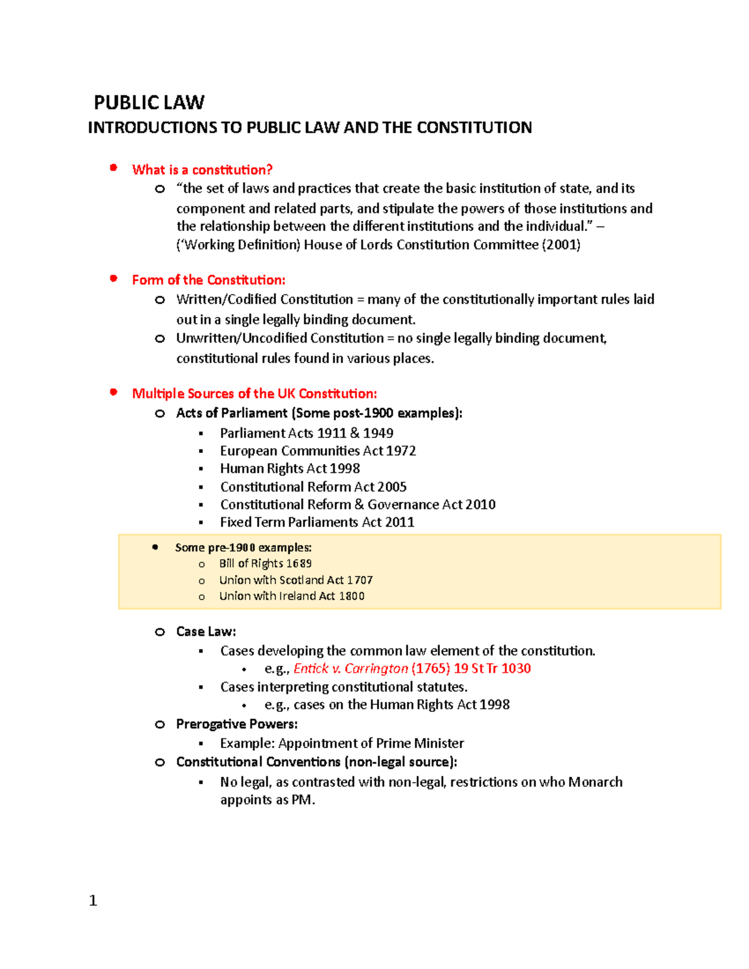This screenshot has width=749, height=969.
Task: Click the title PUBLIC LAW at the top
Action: [149, 102]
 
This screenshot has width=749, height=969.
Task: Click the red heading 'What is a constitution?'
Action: [202, 170]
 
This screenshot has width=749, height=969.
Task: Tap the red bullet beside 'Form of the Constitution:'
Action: [114, 279]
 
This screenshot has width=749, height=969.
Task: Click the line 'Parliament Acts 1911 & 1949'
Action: [306, 433]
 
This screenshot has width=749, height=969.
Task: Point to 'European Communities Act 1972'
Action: [318, 450]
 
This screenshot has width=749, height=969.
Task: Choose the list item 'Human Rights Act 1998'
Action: [290, 469]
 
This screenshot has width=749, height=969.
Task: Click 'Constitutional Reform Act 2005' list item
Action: [313, 487]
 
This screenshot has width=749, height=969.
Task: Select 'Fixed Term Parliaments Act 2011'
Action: [317, 522]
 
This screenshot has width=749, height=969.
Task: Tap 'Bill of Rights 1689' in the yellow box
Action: [265, 563]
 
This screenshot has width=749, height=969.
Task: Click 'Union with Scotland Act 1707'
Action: [296, 580]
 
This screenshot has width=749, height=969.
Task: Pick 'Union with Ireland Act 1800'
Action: [291, 596]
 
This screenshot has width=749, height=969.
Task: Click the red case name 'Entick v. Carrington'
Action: [350, 669]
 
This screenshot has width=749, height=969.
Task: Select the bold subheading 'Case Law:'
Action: [206, 631]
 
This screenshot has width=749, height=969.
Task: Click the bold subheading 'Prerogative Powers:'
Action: [237, 724]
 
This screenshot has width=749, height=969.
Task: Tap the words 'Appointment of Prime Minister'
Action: [371, 743]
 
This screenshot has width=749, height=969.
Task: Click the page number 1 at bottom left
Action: [93, 900]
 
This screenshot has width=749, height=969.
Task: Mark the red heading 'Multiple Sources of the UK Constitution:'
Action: [254, 394]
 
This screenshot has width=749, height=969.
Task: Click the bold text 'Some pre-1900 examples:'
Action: [243, 548]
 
